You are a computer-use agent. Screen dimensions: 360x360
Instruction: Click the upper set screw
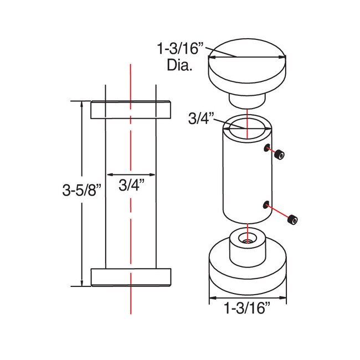coord(280,156)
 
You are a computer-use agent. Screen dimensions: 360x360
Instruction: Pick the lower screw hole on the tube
coord(267,205)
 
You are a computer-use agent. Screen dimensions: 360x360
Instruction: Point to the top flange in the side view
coord(131,110)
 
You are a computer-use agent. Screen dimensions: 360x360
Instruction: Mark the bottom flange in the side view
coord(131,277)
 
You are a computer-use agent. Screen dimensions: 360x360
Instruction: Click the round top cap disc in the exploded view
coord(246,66)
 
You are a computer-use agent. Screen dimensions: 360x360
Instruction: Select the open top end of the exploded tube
coord(246,126)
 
